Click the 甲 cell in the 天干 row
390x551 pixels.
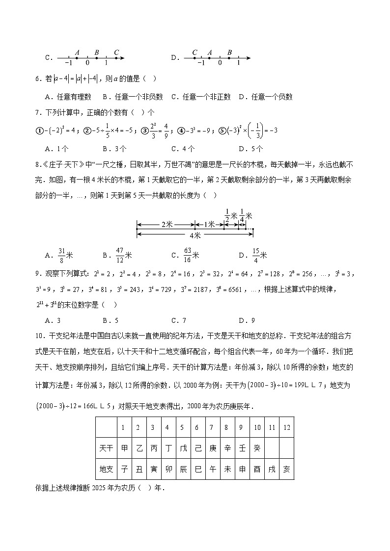tap(125, 448)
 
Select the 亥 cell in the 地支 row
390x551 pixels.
tap(286, 469)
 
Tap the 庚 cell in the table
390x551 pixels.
tap(212, 448)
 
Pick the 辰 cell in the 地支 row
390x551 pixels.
tap(183, 469)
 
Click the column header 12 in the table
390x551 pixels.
tap(286, 427)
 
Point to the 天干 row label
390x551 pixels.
tap(106, 448)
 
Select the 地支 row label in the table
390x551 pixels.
tap(106, 469)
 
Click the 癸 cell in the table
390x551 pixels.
tap(256, 448)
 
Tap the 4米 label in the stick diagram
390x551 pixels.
tap(195, 235)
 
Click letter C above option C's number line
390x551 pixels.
tap(116, 52)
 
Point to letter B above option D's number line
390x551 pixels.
tap(229, 52)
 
